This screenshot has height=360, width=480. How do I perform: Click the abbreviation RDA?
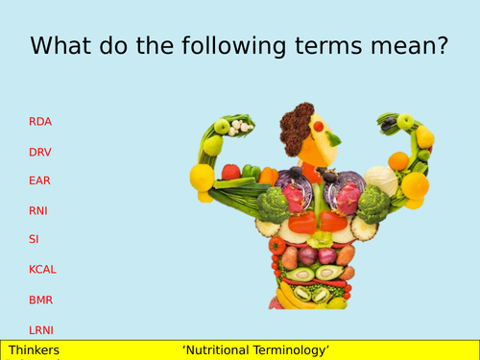pyautogui.click(x=40, y=122)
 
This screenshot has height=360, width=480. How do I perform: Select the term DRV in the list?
pyautogui.click(x=40, y=152)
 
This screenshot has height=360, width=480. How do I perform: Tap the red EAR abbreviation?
pyautogui.click(x=40, y=180)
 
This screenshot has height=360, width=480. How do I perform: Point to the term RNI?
pyautogui.click(x=39, y=210)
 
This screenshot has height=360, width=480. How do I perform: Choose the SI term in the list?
pyautogui.click(x=34, y=239)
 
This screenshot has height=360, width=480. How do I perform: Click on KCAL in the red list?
pyautogui.click(x=43, y=270)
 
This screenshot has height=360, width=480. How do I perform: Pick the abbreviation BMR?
pyautogui.click(x=40, y=300)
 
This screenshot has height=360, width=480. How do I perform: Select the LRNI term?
pyautogui.click(x=42, y=329)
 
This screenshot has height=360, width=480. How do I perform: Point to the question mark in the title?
pyautogui.click(x=440, y=46)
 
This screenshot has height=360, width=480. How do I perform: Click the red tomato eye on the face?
pyautogui.click(x=318, y=126)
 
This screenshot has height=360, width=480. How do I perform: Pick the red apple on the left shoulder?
pyautogui.click(x=230, y=172)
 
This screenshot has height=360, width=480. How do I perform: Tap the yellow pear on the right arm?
pyautogui.click(x=424, y=137)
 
